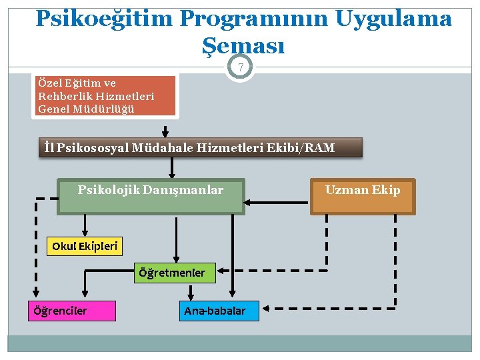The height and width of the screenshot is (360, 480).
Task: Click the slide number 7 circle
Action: coord(240,67)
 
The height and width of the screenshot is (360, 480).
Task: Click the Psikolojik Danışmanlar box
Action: coord(151,195)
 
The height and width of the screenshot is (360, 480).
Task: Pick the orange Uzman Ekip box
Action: coord(363,196)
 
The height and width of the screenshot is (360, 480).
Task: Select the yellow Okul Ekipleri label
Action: coord(85,246)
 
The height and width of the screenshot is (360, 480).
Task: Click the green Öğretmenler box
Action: coord(171,272)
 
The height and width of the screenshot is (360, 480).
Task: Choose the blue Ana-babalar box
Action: coord(220,311)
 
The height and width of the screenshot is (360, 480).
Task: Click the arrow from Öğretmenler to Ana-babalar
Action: coord(192,292)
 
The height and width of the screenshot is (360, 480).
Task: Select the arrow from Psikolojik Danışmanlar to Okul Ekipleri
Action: coord(84,224)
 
